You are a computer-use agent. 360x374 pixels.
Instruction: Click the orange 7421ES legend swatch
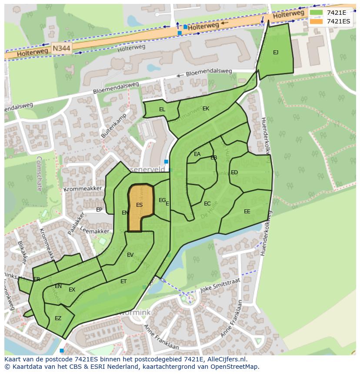point(317,21)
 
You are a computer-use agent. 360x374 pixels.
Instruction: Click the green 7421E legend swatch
point(317,13)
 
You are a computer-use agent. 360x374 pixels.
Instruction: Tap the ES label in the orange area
point(139,205)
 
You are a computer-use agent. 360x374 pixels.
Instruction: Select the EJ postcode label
point(276,53)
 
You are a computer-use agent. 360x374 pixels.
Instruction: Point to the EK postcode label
point(206,109)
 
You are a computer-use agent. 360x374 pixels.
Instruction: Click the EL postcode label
point(162,109)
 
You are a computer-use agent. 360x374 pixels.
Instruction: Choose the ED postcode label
point(234,172)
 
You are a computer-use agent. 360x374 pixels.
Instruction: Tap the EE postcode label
point(247,212)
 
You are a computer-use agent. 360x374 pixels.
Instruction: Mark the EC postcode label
point(207,204)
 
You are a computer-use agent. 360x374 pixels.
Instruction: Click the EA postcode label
point(197,154)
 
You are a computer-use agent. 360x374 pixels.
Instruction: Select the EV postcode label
point(130,255)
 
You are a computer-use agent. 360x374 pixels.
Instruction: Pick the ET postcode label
point(123,281)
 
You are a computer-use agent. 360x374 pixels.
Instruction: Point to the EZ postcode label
point(58,318)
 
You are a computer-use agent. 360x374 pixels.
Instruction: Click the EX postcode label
point(72,290)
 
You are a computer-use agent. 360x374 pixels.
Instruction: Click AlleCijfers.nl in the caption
point(226,359)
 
